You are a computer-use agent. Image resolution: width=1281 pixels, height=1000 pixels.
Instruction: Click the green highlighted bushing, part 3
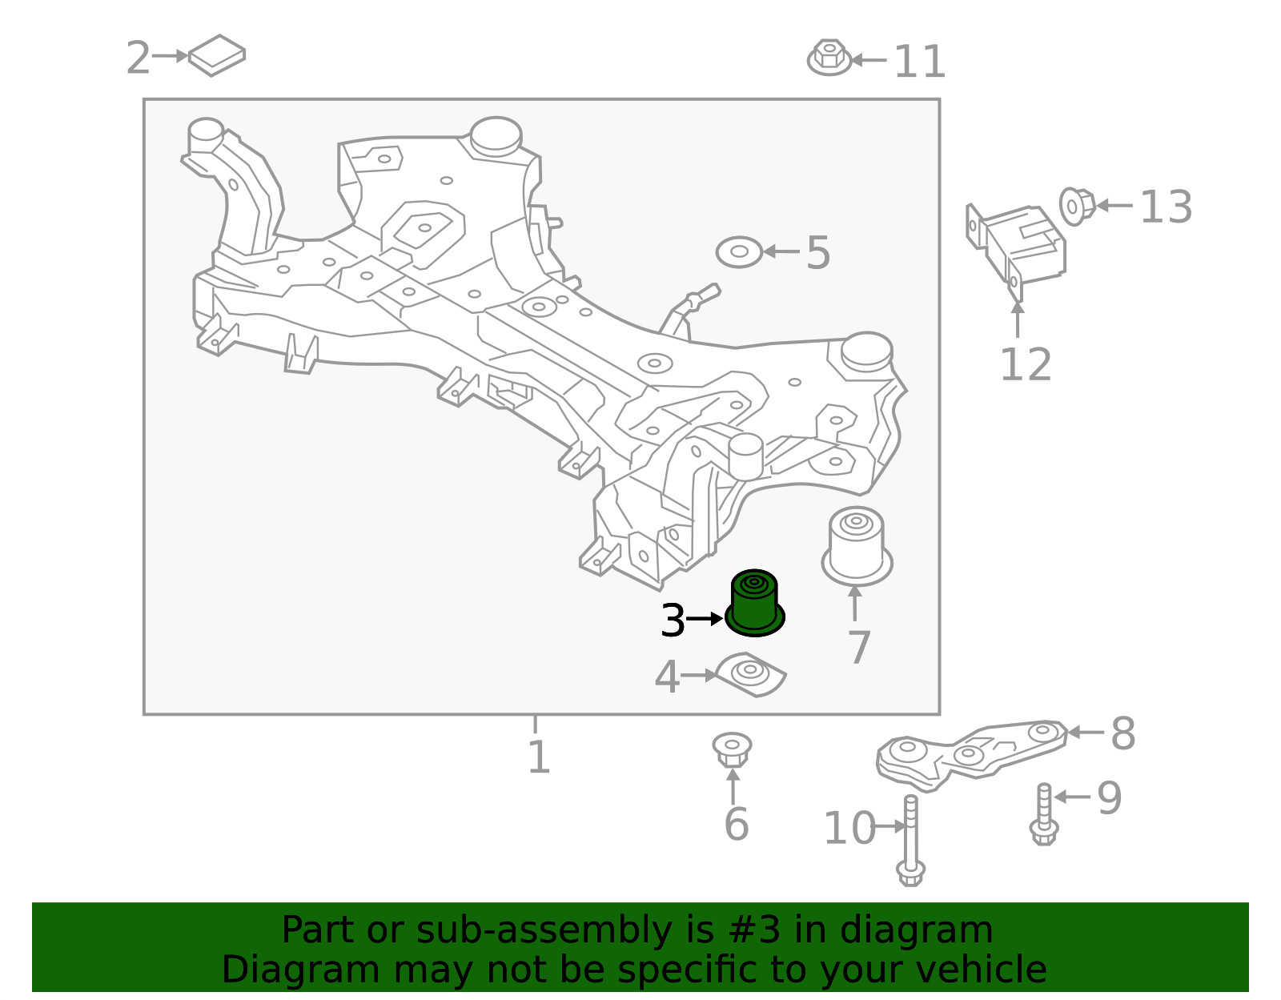[754, 603]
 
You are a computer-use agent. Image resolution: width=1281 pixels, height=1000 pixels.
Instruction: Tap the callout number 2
[139, 58]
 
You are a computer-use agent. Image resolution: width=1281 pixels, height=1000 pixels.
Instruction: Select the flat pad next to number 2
[216, 55]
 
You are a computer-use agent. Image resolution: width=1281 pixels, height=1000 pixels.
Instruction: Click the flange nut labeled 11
[829, 57]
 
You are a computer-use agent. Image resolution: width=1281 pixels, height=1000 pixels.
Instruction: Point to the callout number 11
[919, 62]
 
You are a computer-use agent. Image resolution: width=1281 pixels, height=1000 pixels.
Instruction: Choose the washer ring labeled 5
[739, 252]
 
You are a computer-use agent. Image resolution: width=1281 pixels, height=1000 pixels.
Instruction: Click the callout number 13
[1166, 207]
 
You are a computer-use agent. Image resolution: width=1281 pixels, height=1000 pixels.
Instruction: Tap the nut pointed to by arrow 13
[1077, 207]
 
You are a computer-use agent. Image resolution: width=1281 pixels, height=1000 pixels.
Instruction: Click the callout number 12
[1026, 365]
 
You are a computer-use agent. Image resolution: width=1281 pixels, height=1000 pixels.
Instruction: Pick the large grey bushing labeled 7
[857, 546]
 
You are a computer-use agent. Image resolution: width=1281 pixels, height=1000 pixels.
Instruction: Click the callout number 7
[859, 647]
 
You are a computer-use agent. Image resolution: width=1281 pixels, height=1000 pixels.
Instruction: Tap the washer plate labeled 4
[750, 675]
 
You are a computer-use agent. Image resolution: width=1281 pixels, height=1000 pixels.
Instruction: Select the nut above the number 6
[732, 749]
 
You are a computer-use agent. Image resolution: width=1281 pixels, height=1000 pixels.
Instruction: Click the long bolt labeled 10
[911, 841]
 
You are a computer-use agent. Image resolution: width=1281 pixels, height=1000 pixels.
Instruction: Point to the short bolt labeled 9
[1044, 813]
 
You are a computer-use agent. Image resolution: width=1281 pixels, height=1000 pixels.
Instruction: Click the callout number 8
[1123, 733]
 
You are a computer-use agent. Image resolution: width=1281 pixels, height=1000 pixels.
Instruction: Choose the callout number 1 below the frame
[539, 757]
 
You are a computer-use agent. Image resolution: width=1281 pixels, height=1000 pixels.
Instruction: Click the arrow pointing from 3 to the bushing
[705, 619]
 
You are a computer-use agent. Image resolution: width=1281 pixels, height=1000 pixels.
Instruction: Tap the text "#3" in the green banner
[754, 930]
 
